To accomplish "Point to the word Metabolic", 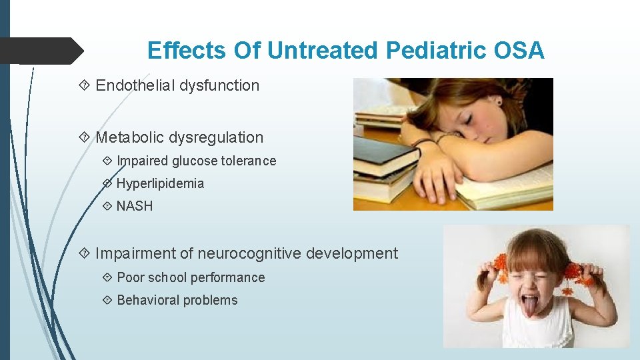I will [129, 137].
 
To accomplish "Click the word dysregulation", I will [216, 137].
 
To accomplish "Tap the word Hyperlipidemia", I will [160, 183].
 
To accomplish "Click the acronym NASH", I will [135, 206].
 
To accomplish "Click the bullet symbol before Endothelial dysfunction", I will [84, 85].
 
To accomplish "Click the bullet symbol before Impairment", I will [84, 253].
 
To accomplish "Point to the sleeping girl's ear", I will [497, 102].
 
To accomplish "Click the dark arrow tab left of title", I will [40, 51].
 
